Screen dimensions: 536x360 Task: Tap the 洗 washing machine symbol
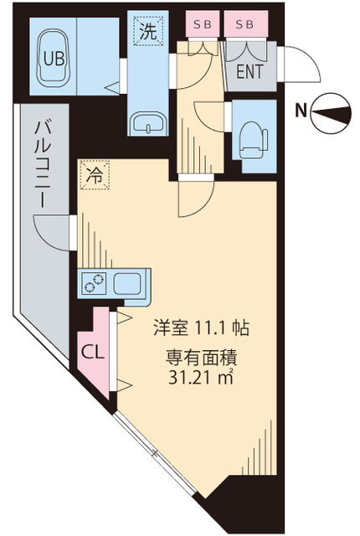147,33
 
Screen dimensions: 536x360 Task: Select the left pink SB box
202,25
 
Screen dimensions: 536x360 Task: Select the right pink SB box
245,25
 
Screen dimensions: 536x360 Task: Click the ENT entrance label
249,72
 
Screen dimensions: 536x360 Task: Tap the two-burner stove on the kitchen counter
94,283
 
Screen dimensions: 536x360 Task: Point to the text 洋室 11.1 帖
198,327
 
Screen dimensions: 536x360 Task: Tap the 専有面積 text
199,358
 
